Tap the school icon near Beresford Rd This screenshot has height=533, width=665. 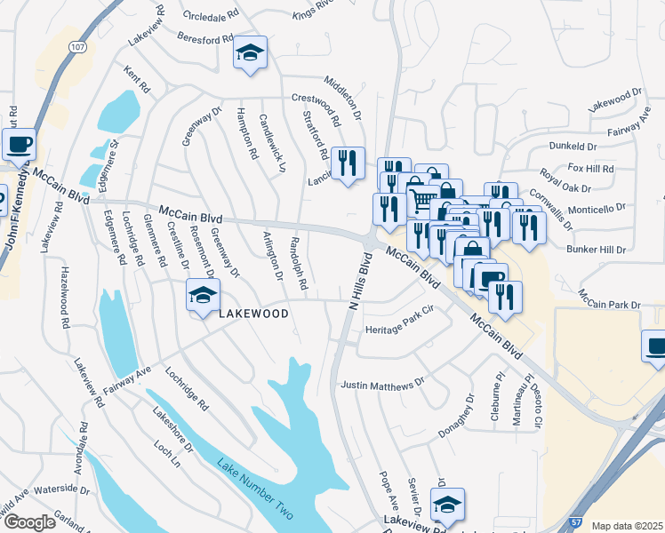[251, 52]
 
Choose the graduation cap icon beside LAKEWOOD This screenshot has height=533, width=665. [203, 295]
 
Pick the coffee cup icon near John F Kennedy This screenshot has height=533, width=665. [19, 143]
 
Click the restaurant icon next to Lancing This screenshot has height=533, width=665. [348, 163]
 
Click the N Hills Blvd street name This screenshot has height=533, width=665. [358, 281]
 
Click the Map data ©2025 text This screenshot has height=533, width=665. [627, 526]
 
